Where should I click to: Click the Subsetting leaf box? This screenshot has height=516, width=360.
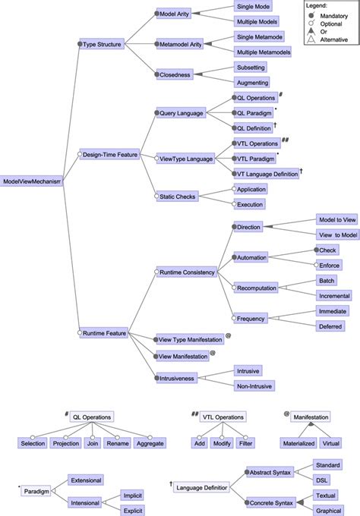[x=251, y=68]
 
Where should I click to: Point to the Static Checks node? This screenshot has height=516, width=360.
[x=179, y=197]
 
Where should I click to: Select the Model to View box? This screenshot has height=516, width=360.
[x=336, y=219]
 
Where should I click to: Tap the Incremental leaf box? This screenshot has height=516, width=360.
[x=334, y=295]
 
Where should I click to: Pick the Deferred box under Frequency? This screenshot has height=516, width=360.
[x=332, y=325]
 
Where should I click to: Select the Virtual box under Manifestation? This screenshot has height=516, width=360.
[x=331, y=442]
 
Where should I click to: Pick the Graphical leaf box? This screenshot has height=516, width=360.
[x=328, y=510]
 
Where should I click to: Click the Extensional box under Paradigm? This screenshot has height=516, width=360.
[x=85, y=480]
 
